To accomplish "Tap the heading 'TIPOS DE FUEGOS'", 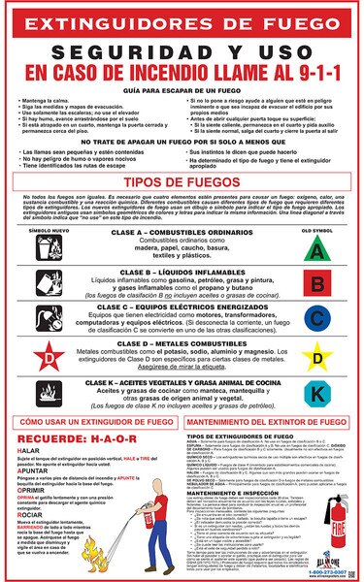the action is point(182,210).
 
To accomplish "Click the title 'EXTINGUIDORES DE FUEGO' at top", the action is point(182,19).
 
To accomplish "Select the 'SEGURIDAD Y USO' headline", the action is point(182,51).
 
